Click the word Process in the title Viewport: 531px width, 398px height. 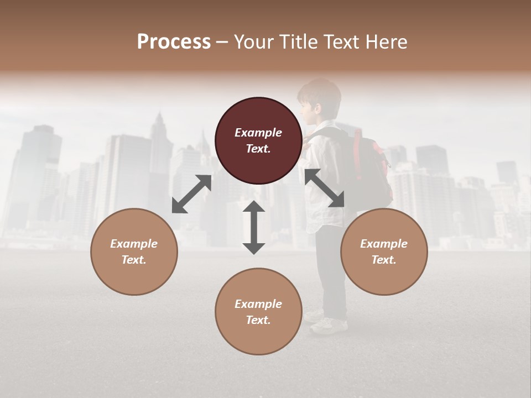174,41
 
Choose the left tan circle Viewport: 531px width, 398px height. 134,252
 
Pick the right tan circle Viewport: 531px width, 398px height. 384,252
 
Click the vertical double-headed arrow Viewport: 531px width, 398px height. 254,227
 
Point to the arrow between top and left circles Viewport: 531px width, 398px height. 191,194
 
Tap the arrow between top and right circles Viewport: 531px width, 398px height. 325,188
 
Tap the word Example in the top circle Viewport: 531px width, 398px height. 258,133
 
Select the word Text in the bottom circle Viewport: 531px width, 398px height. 257,320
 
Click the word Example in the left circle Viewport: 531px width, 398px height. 134,244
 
